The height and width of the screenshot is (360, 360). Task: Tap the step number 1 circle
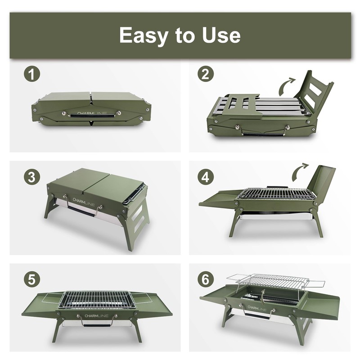[31, 74]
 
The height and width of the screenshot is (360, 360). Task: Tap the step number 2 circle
[206, 74]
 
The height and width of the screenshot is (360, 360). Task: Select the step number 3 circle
[31, 177]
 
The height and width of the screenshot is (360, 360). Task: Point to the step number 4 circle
[206, 177]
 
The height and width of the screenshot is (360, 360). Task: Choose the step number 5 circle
[31, 280]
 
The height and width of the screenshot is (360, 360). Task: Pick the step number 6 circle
[206, 280]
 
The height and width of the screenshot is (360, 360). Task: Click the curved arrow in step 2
[284, 86]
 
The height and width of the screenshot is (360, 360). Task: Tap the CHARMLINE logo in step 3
[84, 202]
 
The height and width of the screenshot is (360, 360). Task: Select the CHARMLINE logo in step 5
[96, 316]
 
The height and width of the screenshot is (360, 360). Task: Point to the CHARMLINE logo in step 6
[257, 308]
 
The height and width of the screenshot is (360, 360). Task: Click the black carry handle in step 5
[96, 325]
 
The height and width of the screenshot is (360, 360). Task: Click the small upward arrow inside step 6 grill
[263, 296]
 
